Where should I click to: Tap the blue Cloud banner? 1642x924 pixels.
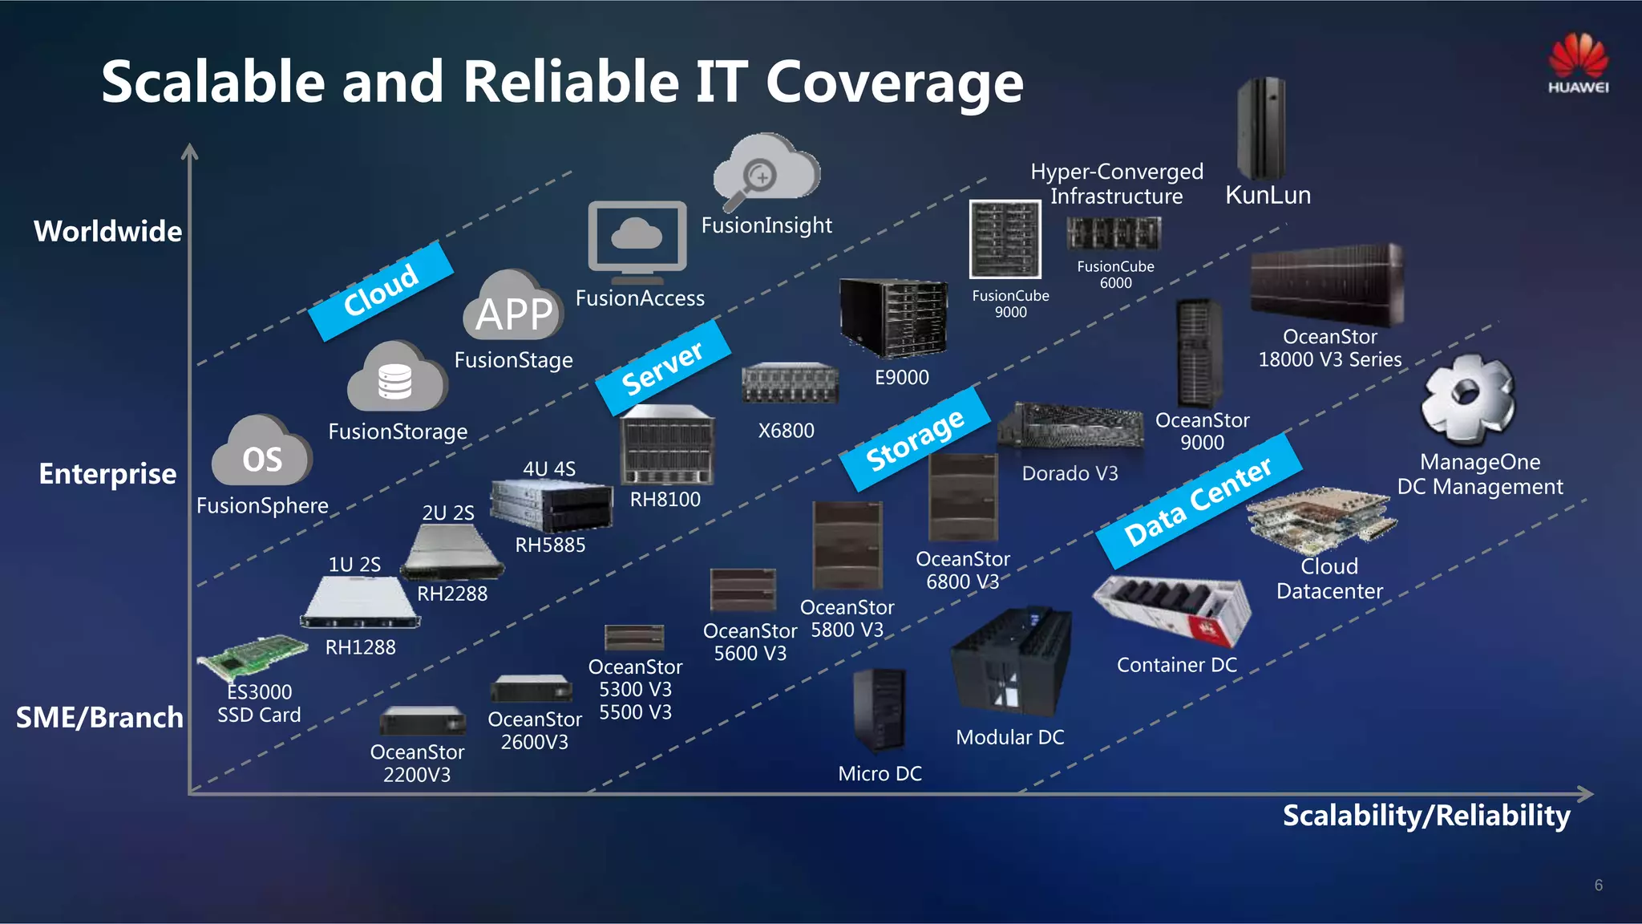point(381,290)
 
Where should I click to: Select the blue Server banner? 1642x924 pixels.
point(662,368)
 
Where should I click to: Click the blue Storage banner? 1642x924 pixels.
point(915,439)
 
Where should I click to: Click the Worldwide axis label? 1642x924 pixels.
point(107,231)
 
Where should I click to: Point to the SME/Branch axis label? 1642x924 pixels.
point(99,717)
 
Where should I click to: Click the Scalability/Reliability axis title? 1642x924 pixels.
point(1426,815)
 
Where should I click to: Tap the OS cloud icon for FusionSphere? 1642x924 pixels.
point(261,452)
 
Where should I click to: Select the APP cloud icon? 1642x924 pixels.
point(514,308)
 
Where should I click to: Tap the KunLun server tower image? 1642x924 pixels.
point(1261,128)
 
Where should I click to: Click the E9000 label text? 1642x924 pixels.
point(901,377)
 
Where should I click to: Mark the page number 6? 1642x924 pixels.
point(1598,885)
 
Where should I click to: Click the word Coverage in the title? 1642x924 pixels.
point(894,83)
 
